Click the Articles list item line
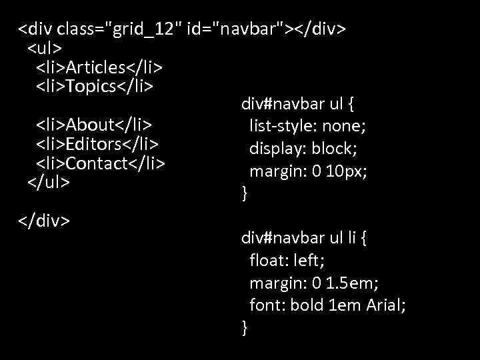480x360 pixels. [x=100, y=67]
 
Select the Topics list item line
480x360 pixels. [x=95, y=86]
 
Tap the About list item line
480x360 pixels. [x=94, y=125]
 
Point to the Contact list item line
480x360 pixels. [x=101, y=163]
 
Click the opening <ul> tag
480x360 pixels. [x=45, y=49]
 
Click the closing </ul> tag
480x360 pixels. [x=48, y=181]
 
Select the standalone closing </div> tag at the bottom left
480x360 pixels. [x=44, y=219]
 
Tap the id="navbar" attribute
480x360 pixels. [x=237, y=29]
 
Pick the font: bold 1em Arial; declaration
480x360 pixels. [x=327, y=305]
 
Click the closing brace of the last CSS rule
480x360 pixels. [x=245, y=328]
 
